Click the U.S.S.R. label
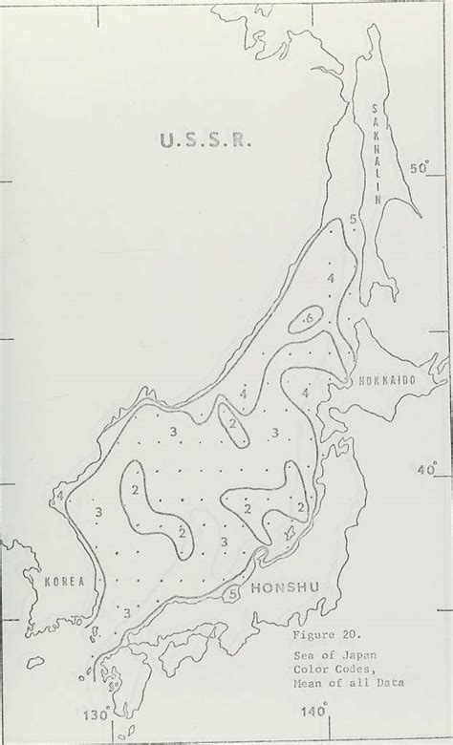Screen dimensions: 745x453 pos(203,142)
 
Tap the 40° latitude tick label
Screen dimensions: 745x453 pos(427,469)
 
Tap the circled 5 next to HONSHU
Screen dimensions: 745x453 pos(231,594)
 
